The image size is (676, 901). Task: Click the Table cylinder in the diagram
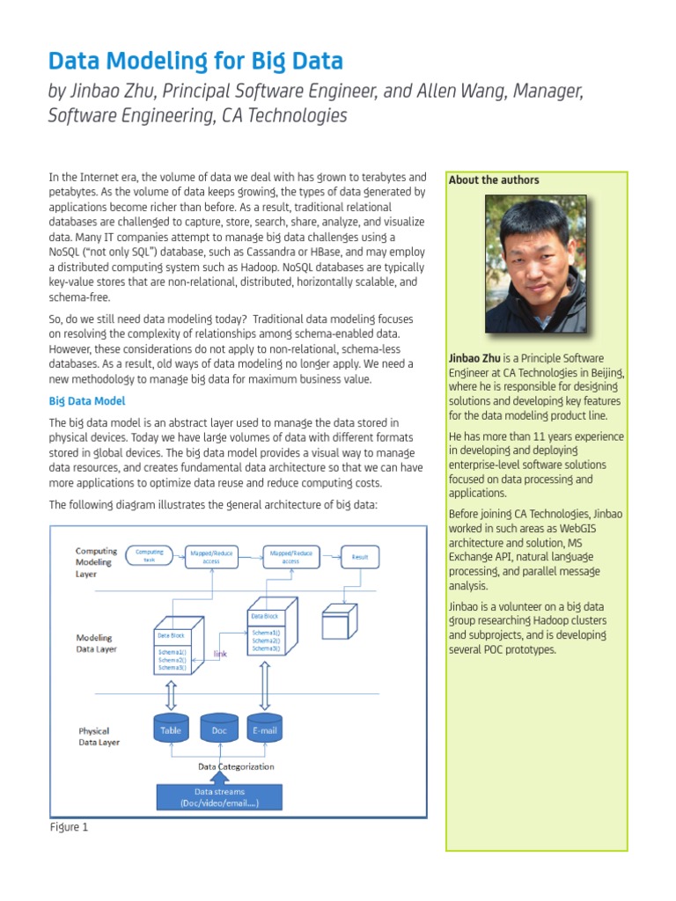(x=171, y=729)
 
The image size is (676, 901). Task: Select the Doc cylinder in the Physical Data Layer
(x=219, y=729)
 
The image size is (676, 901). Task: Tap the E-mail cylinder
(x=264, y=729)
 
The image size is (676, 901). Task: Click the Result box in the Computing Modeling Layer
(x=359, y=557)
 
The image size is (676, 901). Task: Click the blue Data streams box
(x=219, y=797)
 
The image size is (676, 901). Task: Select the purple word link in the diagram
(x=221, y=654)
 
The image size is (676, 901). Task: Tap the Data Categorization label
(x=235, y=766)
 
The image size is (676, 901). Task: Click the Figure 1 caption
(x=69, y=827)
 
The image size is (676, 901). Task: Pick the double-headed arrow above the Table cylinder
(x=171, y=694)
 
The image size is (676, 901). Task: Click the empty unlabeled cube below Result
(x=339, y=623)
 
